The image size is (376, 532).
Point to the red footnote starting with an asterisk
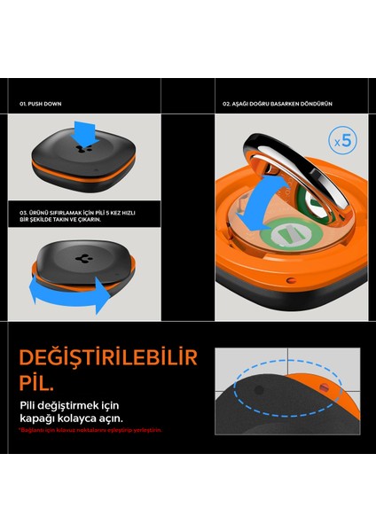click(90, 430)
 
